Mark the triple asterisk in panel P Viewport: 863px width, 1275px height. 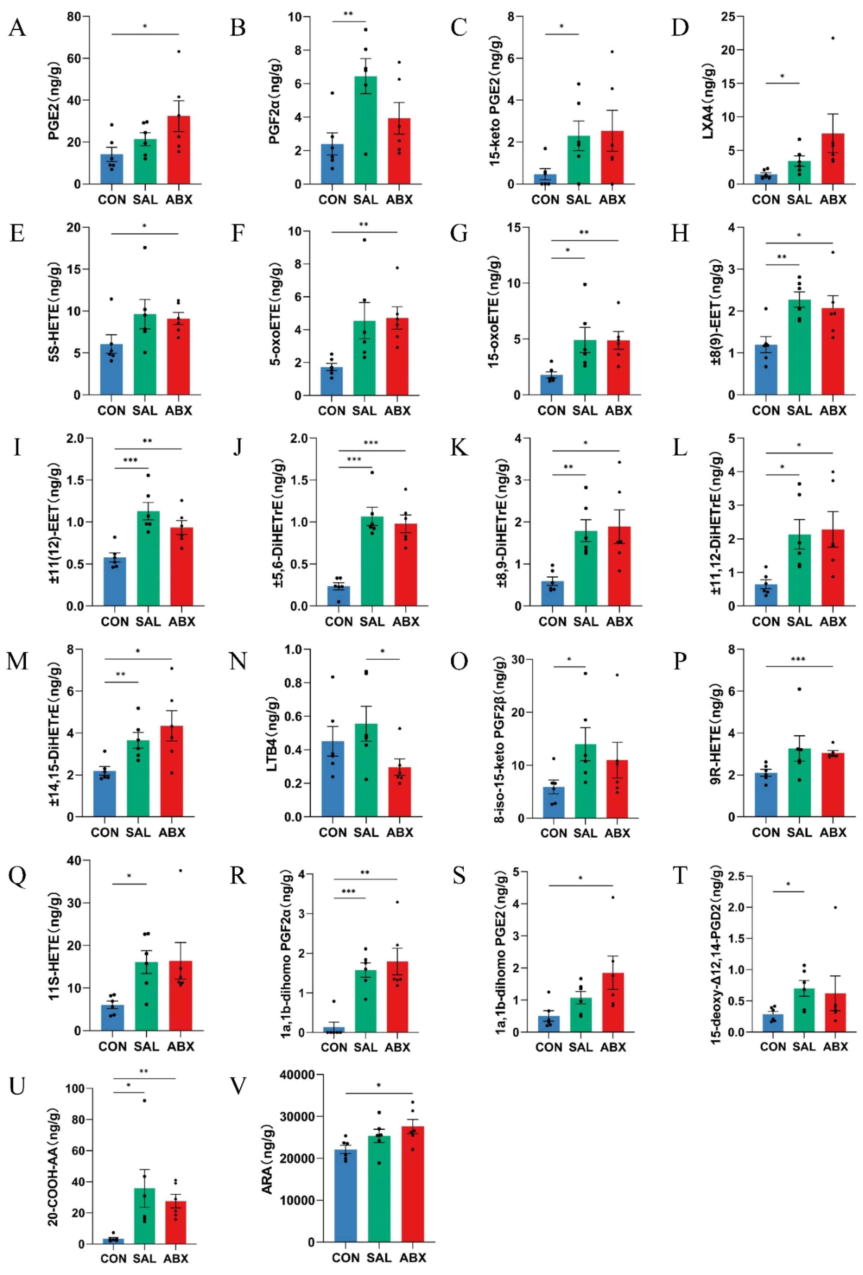tap(798, 659)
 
